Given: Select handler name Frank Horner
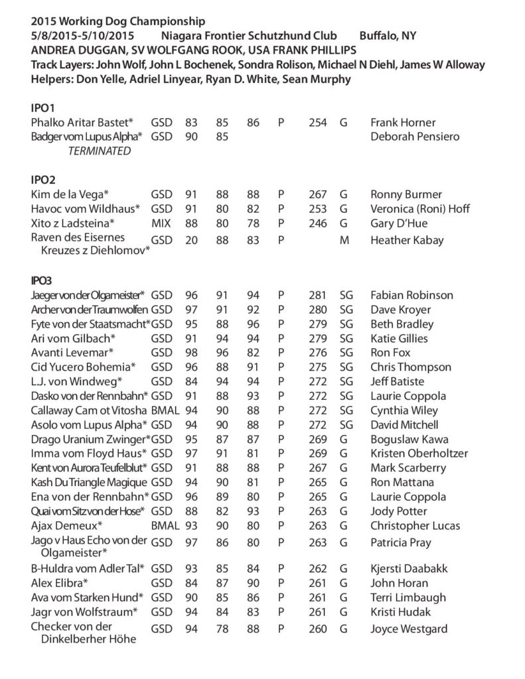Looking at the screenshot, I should (403, 123).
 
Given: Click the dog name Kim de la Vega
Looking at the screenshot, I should (70, 194).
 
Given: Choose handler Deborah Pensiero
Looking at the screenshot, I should (415, 137).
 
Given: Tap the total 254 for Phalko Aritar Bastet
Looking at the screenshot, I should (318, 123).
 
